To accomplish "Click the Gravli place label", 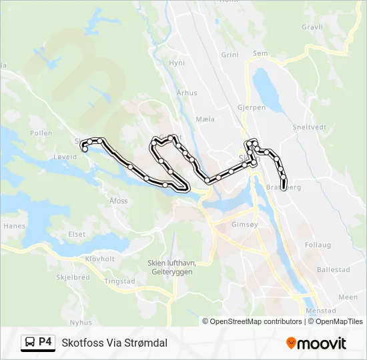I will [x=312, y=27].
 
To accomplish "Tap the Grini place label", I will [x=230, y=55].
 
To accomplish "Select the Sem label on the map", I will [x=260, y=53].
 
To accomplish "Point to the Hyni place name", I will [x=177, y=63].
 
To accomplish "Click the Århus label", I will [x=188, y=93].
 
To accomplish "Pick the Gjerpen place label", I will [x=251, y=107].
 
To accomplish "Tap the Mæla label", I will [x=206, y=119].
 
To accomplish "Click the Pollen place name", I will [x=41, y=133].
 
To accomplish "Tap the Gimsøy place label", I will [x=243, y=225].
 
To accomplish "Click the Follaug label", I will [x=318, y=245].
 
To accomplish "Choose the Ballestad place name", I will [x=334, y=270].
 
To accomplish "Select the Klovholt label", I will [x=101, y=259].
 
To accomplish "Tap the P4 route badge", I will [x=45, y=342].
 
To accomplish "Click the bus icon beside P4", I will [x=30, y=343].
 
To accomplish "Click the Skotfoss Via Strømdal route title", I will [x=114, y=343].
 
